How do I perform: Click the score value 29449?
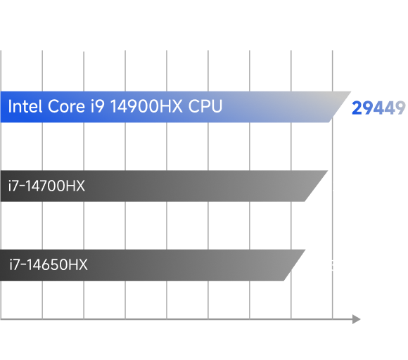point(378,108)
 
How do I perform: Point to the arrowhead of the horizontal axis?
point(357,319)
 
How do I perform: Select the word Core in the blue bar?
point(67,106)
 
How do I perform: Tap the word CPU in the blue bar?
point(205,106)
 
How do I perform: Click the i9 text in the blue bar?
point(98,106)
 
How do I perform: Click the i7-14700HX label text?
point(46,186)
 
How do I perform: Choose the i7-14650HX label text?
point(49,265)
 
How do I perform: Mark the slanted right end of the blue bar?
point(340,107)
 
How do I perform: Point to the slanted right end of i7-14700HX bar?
point(317,186)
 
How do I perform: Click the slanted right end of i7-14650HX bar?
point(295,265)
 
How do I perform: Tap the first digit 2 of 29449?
point(357,108)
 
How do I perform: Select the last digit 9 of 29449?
point(400,108)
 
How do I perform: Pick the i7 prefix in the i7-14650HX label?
point(14,265)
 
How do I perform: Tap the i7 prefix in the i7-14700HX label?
point(13,186)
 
